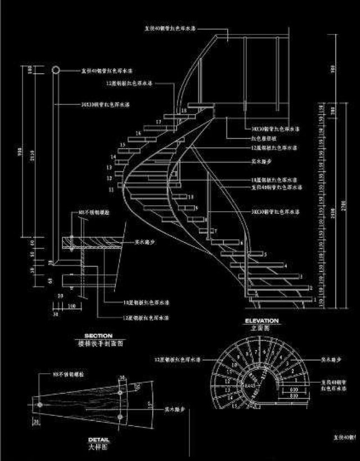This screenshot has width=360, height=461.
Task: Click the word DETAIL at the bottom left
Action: click(x=98, y=440)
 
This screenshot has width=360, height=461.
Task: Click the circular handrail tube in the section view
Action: click(x=56, y=70)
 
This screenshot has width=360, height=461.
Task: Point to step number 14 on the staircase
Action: click(x=114, y=156)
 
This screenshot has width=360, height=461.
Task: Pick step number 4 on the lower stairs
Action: click(x=286, y=266)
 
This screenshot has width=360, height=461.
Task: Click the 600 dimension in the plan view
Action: click(x=293, y=389)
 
